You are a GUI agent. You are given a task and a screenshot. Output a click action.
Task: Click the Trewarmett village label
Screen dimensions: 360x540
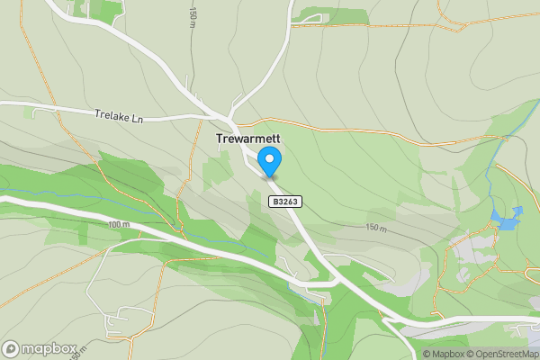point(248,139)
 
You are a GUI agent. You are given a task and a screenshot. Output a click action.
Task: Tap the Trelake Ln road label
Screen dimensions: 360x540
point(119,116)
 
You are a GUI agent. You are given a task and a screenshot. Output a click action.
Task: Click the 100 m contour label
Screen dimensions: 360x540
point(118,224)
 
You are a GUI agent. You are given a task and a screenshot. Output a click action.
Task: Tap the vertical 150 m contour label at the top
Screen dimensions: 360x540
point(193,16)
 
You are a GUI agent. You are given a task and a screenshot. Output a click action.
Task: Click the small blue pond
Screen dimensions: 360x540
point(505,217)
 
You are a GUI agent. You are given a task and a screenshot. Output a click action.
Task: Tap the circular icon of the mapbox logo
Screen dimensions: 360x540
point(12,348)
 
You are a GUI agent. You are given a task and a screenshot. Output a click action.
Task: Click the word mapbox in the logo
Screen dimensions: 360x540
point(49,348)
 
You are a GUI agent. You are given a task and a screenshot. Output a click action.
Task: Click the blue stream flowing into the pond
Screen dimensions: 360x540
point(490,184)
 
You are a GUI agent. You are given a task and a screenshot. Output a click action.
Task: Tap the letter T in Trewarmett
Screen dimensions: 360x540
point(220,139)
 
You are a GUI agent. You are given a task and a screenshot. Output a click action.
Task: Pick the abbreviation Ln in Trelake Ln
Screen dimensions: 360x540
point(137,117)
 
